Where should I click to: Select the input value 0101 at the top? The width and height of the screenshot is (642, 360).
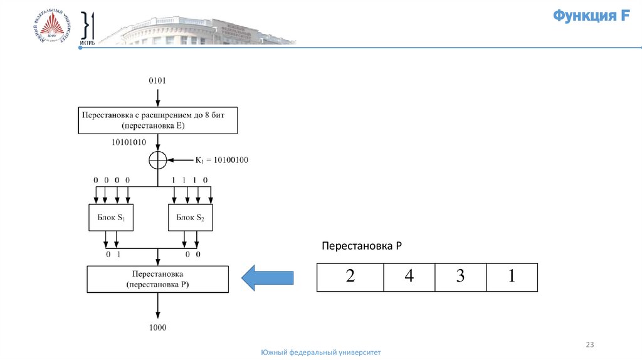[157, 81]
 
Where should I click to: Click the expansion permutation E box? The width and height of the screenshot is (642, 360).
[157, 120]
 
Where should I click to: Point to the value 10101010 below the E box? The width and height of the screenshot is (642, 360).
[129, 142]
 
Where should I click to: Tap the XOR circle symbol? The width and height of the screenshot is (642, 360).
[157, 160]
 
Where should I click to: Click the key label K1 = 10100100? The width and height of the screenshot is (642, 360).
[221, 160]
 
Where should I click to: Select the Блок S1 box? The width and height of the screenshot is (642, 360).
[111, 218]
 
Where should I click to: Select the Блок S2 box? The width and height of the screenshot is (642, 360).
[191, 218]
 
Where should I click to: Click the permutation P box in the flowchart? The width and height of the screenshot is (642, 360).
[157, 279]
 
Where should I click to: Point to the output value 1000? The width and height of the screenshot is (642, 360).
[157, 327]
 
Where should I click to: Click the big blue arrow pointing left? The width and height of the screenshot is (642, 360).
[268, 277]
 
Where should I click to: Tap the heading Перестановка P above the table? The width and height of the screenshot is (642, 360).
[361, 246]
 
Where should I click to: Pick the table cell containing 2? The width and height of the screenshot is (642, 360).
[350, 277]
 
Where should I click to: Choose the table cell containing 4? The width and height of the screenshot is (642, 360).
[409, 277]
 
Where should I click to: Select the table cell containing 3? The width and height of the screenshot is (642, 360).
[460, 277]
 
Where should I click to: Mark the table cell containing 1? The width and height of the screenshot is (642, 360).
[512, 277]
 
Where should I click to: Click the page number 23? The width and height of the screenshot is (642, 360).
[589, 344]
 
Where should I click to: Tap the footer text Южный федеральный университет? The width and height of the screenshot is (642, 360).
[320, 352]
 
